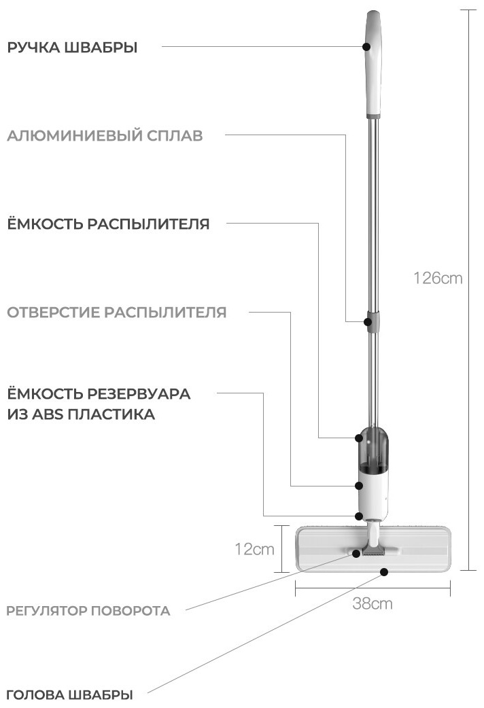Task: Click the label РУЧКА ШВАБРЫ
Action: pyautogui.click(x=72, y=48)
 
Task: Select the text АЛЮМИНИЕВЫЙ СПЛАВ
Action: pyautogui.click(x=105, y=135)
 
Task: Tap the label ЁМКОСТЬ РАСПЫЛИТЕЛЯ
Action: pyautogui.click(x=109, y=224)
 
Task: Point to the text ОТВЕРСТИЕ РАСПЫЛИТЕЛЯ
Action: pyautogui.click(x=117, y=312)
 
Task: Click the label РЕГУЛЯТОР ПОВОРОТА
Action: pyautogui.click(x=88, y=611)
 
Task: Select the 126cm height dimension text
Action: pyautogui.click(x=438, y=278)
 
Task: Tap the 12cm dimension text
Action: pyautogui.click(x=254, y=549)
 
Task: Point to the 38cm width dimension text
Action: pyautogui.click(x=373, y=603)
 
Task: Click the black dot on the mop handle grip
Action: pyautogui.click(x=366, y=46)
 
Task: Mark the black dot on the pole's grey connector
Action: pyautogui.click(x=368, y=321)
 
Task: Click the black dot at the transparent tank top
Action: pyautogui.click(x=359, y=438)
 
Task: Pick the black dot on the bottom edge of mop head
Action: pyautogui.click(x=384, y=571)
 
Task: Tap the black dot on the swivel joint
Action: pyautogui.click(x=357, y=553)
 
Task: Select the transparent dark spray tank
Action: pyautogui.click(x=373, y=449)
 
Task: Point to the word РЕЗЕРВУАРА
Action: pyautogui.click(x=139, y=393)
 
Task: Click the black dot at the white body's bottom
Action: pyautogui.click(x=360, y=516)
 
